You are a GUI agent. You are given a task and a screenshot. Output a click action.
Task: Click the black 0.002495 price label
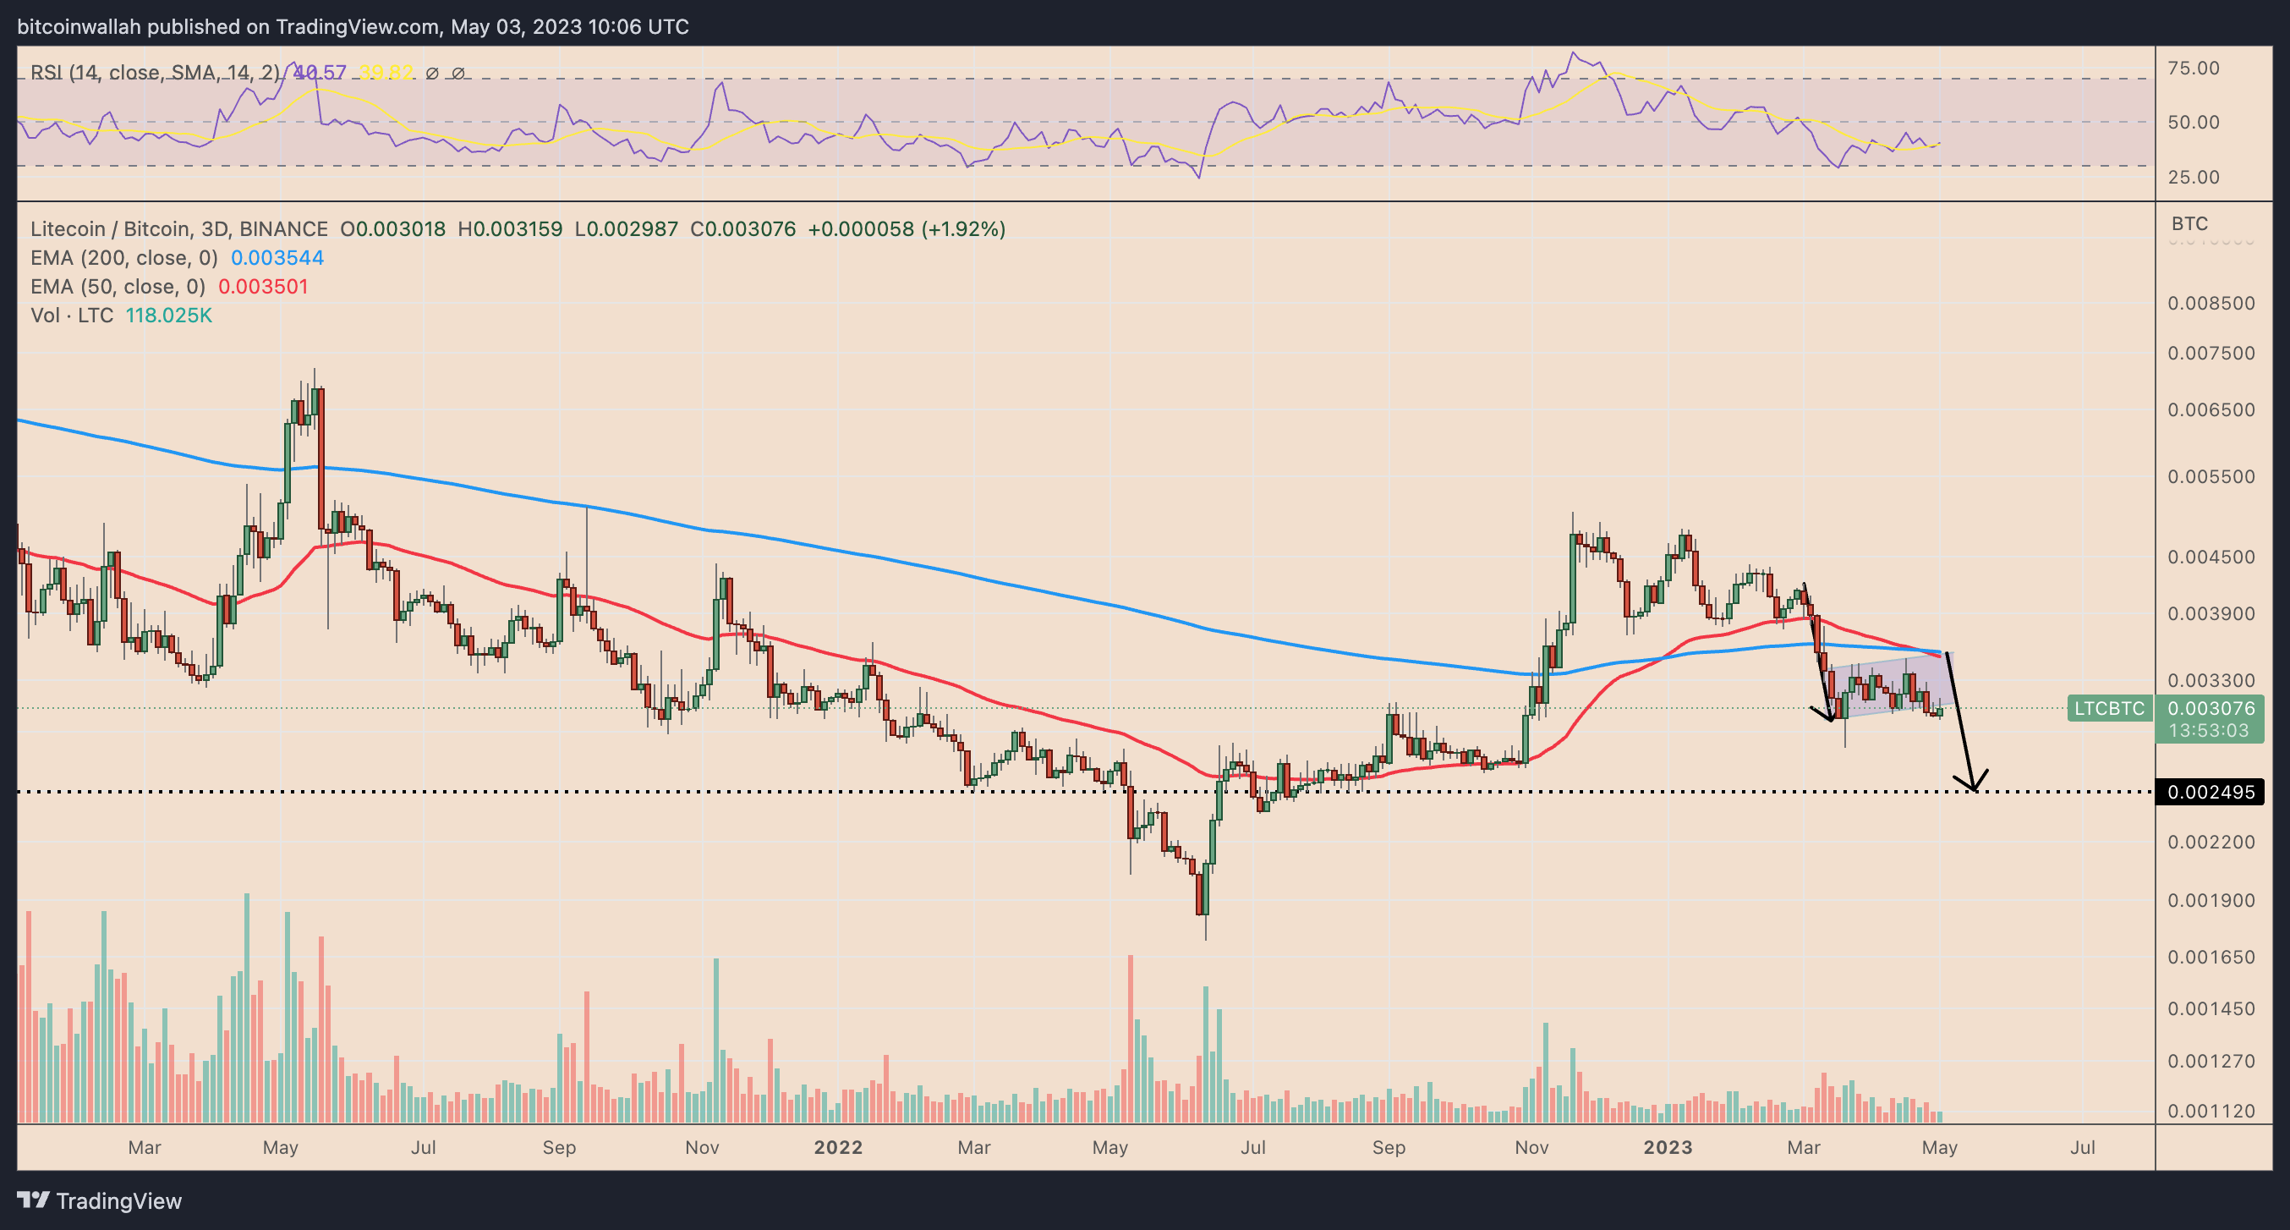pos(2211,792)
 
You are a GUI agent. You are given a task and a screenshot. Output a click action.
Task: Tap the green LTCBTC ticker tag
pos(2109,708)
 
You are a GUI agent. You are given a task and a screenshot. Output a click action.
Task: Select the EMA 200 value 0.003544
pos(277,258)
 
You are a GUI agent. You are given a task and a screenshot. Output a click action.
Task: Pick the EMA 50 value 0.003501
pos(262,287)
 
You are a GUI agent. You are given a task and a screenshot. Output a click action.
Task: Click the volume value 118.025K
pos(168,316)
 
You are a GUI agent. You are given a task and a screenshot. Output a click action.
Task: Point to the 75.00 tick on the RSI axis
pos(2193,69)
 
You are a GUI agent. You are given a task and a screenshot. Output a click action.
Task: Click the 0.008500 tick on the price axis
pos(2211,304)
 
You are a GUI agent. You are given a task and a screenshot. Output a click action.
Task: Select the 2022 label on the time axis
pos(837,1147)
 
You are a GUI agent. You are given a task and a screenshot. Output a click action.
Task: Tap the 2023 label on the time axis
pos(1667,1147)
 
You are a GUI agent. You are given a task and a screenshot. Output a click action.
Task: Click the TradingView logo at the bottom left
pos(100,1200)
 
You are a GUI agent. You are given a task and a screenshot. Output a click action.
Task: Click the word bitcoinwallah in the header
pos(79,27)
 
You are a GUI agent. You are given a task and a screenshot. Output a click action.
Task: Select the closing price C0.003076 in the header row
pos(742,229)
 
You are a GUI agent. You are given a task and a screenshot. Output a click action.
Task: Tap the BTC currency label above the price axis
pos(2189,223)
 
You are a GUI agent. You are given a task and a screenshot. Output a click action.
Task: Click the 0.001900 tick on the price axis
pos(2211,900)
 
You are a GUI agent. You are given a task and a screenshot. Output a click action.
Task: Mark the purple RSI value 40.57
pos(319,73)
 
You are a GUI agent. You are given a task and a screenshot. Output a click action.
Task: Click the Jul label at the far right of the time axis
pos(2082,1147)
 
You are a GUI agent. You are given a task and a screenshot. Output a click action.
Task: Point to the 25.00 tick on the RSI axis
pos(2193,177)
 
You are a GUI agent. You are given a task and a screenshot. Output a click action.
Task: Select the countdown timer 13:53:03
pos(2208,730)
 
